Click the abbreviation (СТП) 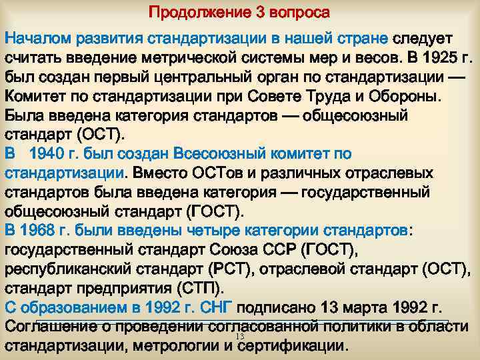point(200,289)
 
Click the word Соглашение point(50,327)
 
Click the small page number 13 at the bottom point(241,338)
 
